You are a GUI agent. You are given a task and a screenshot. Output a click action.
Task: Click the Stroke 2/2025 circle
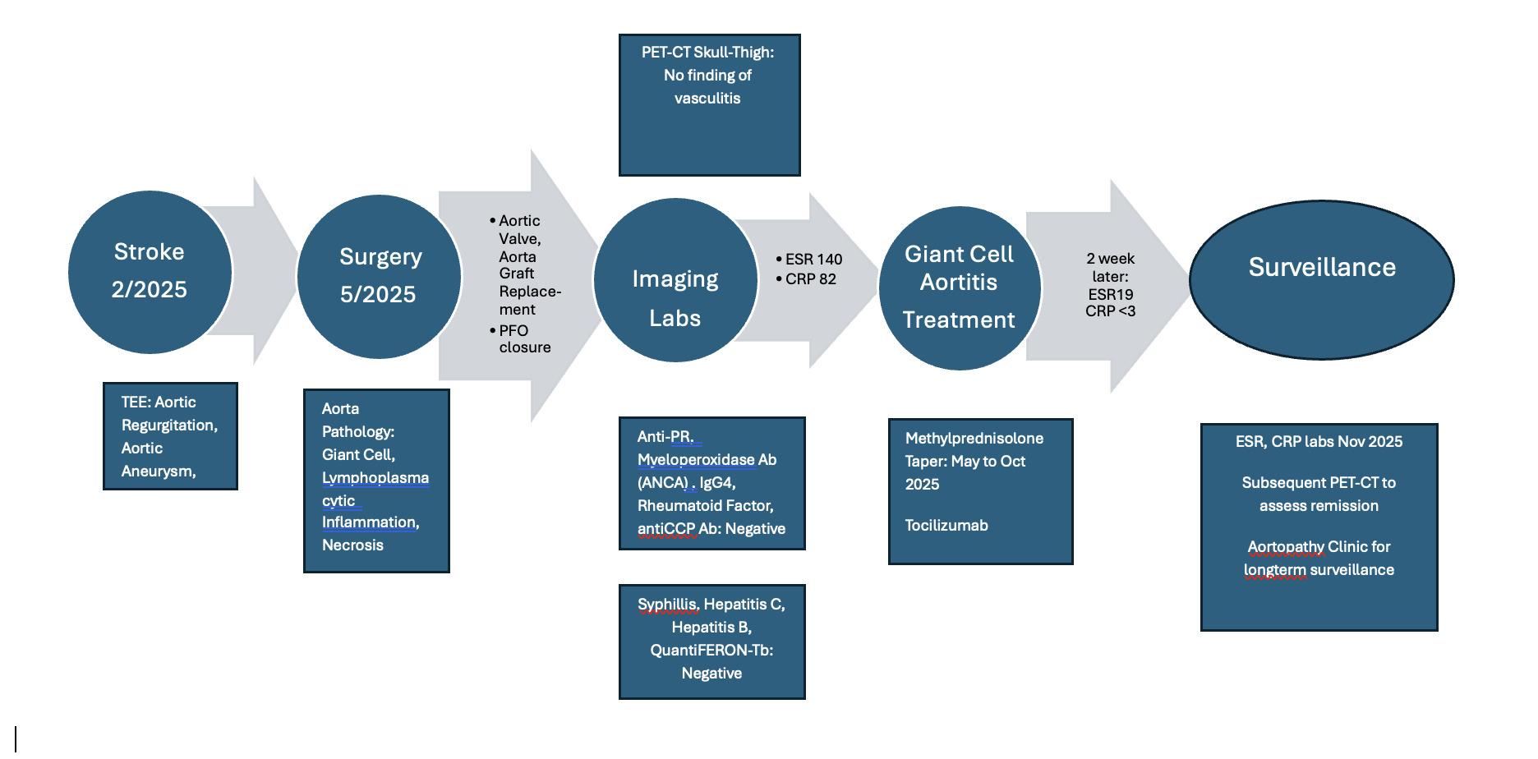[x=150, y=272]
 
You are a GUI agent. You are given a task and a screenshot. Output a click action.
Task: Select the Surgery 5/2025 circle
[x=379, y=276]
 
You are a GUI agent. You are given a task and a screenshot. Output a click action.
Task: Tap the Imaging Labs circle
[x=675, y=280]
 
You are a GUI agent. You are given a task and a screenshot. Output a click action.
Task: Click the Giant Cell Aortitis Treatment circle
[x=959, y=287]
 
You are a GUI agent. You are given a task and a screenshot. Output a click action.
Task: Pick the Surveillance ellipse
[x=1321, y=279]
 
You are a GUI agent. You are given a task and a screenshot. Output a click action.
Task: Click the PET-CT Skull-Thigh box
[x=709, y=105]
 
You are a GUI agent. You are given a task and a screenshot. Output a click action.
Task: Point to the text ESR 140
[x=813, y=260]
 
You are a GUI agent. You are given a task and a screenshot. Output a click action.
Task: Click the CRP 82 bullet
[x=810, y=279]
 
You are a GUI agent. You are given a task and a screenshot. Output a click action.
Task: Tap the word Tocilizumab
[x=946, y=526]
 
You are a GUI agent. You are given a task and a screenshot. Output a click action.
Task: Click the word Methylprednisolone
[x=974, y=439]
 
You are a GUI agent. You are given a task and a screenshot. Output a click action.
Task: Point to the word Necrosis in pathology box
[x=352, y=545]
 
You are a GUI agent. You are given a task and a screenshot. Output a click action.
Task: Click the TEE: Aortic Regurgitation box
[x=170, y=436]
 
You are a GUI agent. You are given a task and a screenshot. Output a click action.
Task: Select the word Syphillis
[x=667, y=605]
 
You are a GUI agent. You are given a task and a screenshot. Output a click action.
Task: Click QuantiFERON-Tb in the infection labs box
[x=711, y=651]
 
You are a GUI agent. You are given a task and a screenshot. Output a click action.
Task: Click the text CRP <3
[x=1110, y=311]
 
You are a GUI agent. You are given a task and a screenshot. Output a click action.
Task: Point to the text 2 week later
[x=1110, y=267]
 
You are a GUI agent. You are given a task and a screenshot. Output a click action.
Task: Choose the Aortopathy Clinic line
[x=1319, y=547]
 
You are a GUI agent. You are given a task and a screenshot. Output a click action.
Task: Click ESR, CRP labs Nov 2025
[x=1319, y=442]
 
